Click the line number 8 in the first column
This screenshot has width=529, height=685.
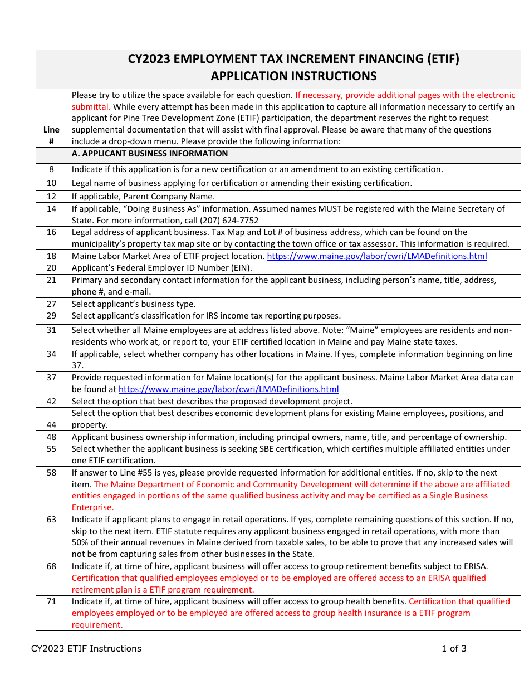pyautogui.click(x=51, y=169)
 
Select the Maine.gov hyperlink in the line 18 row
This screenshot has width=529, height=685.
pyautogui.click(x=377, y=256)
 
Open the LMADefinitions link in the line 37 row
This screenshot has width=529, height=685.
pyautogui.click(x=228, y=389)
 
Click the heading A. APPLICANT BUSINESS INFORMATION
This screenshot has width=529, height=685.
pyautogui.click(x=150, y=154)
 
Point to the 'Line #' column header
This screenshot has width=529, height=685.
pyautogui.click(x=51, y=135)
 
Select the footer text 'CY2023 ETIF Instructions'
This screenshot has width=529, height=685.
pyautogui.click(x=86, y=648)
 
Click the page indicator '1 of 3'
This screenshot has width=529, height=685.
pyautogui.click(x=454, y=648)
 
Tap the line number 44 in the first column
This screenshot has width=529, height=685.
pyautogui.click(x=51, y=425)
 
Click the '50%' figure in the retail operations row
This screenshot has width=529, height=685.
pyautogui.click(x=81, y=542)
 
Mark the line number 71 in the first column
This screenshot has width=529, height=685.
pyautogui.click(x=51, y=601)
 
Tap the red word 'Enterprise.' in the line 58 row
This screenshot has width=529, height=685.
pyautogui.click(x=92, y=507)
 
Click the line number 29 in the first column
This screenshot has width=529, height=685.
pyautogui.click(x=51, y=316)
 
